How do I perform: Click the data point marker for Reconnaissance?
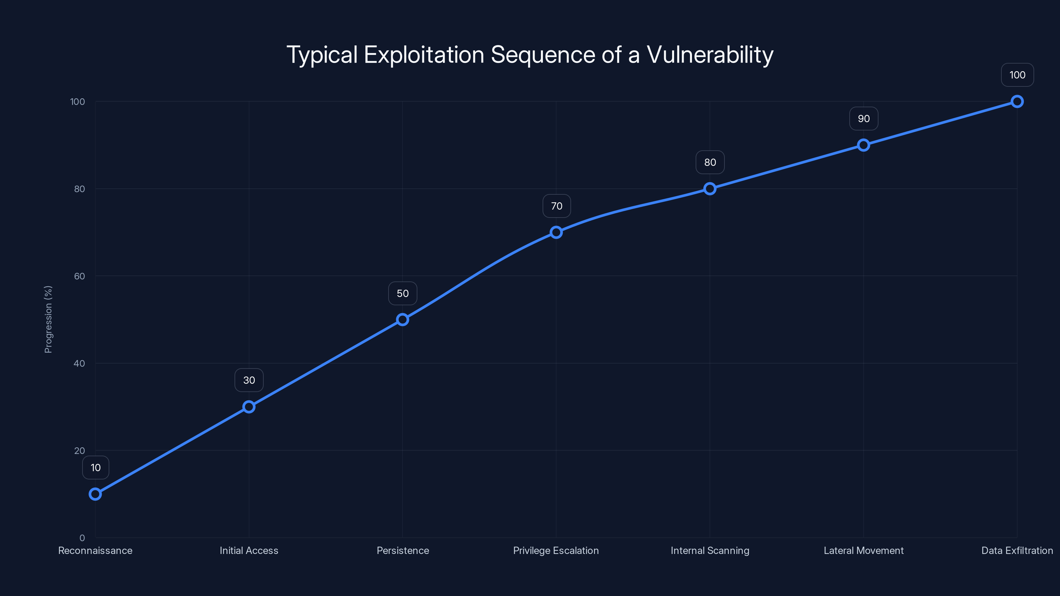point(95,494)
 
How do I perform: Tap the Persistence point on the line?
point(402,320)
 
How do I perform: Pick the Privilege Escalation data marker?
point(556,232)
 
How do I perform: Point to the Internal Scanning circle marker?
point(710,189)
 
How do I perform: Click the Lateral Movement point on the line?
point(863,145)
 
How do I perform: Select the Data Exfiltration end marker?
point(1017,102)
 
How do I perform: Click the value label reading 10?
point(95,468)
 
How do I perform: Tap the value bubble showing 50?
point(402,293)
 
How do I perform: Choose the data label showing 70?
point(556,206)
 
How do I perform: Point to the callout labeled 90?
point(863,119)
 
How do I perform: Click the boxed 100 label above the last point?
point(1017,75)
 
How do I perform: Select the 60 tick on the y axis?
point(79,276)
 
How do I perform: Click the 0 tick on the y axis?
point(82,538)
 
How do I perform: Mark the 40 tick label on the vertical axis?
point(79,363)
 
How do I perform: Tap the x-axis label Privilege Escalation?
point(556,550)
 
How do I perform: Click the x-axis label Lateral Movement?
point(863,550)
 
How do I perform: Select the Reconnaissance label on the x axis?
point(95,550)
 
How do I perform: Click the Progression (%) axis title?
point(48,319)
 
